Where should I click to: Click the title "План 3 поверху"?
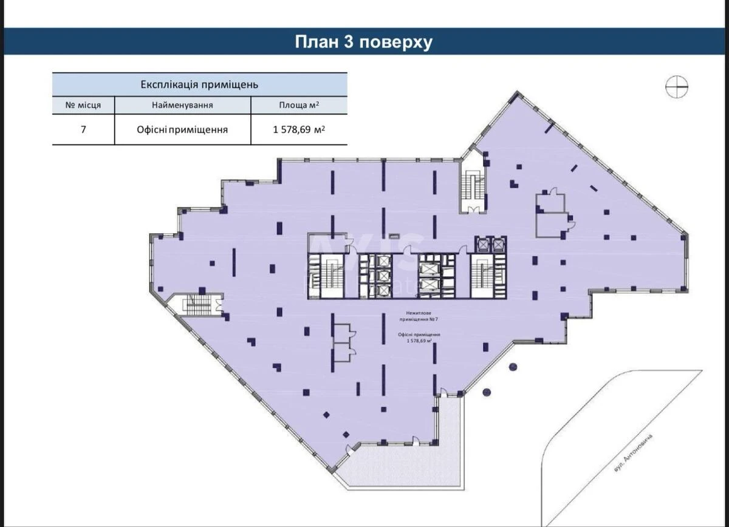click(363, 42)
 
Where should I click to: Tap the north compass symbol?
click(677, 87)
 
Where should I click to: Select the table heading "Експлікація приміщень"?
click(199, 84)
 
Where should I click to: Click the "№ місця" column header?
click(83, 105)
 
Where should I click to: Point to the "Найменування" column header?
click(182, 105)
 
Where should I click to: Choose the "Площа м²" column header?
click(299, 105)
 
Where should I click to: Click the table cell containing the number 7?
click(83, 129)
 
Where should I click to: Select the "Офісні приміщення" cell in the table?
click(182, 129)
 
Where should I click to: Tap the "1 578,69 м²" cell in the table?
click(299, 129)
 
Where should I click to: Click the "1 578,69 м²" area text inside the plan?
click(419, 341)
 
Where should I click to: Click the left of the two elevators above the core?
click(484, 245)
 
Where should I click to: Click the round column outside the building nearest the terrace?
click(486, 392)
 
